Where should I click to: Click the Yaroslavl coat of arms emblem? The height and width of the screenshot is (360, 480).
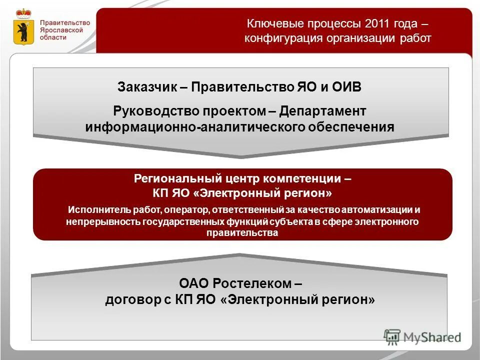tap(22, 27)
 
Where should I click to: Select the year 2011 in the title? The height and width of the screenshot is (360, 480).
tap(376, 24)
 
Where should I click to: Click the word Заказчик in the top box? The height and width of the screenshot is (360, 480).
tap(147, 87)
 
